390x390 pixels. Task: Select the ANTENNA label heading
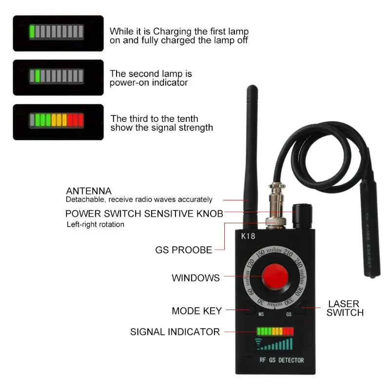click(x=89, y=191)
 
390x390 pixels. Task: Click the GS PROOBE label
click(x=184, y=250)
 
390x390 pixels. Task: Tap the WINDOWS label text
click(x=195, y=278)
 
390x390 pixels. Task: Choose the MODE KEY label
click(x=196, y=311)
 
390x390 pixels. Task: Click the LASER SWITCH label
click(x=345, y=308)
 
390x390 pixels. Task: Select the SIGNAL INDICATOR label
click(x=175, y=332)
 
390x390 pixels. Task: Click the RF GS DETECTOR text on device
click(x=281, y=360)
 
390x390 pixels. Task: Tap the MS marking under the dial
click(x=261, y=314)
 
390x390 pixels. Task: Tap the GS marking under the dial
click(x=289, y=314)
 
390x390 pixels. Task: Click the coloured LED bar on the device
click(x=275, y=331)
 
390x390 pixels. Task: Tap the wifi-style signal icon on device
click(x=258, y=343)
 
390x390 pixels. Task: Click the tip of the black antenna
click(x=252, y=89)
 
